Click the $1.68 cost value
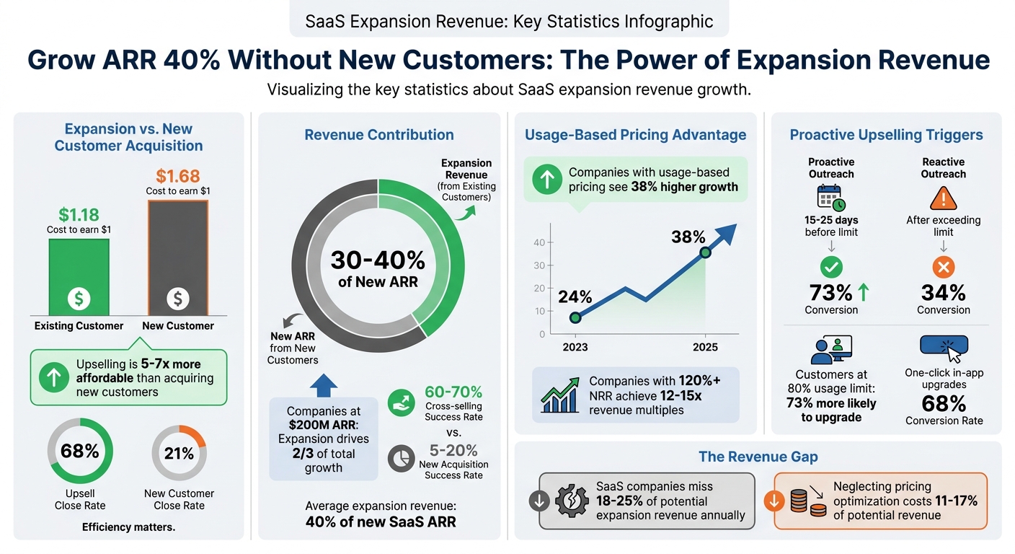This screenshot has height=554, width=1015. (178, 175)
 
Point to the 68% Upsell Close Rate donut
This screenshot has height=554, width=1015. (80, 452)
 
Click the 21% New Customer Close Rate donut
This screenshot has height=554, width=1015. (179, 453)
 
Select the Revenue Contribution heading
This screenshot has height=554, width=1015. (379, 135)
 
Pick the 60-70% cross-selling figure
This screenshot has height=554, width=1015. (453, 392)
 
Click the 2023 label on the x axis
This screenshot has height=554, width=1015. (575, 347)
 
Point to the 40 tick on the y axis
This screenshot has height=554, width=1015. (539, 242)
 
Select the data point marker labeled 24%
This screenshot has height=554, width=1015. (575, 317)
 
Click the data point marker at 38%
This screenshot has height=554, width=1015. (705, 252)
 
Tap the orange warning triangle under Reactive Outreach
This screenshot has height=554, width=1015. (943, 198)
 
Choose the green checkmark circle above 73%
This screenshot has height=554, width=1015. (831, 268)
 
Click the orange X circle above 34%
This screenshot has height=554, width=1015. (943, 268)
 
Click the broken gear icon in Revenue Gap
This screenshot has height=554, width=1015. (570, 501)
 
